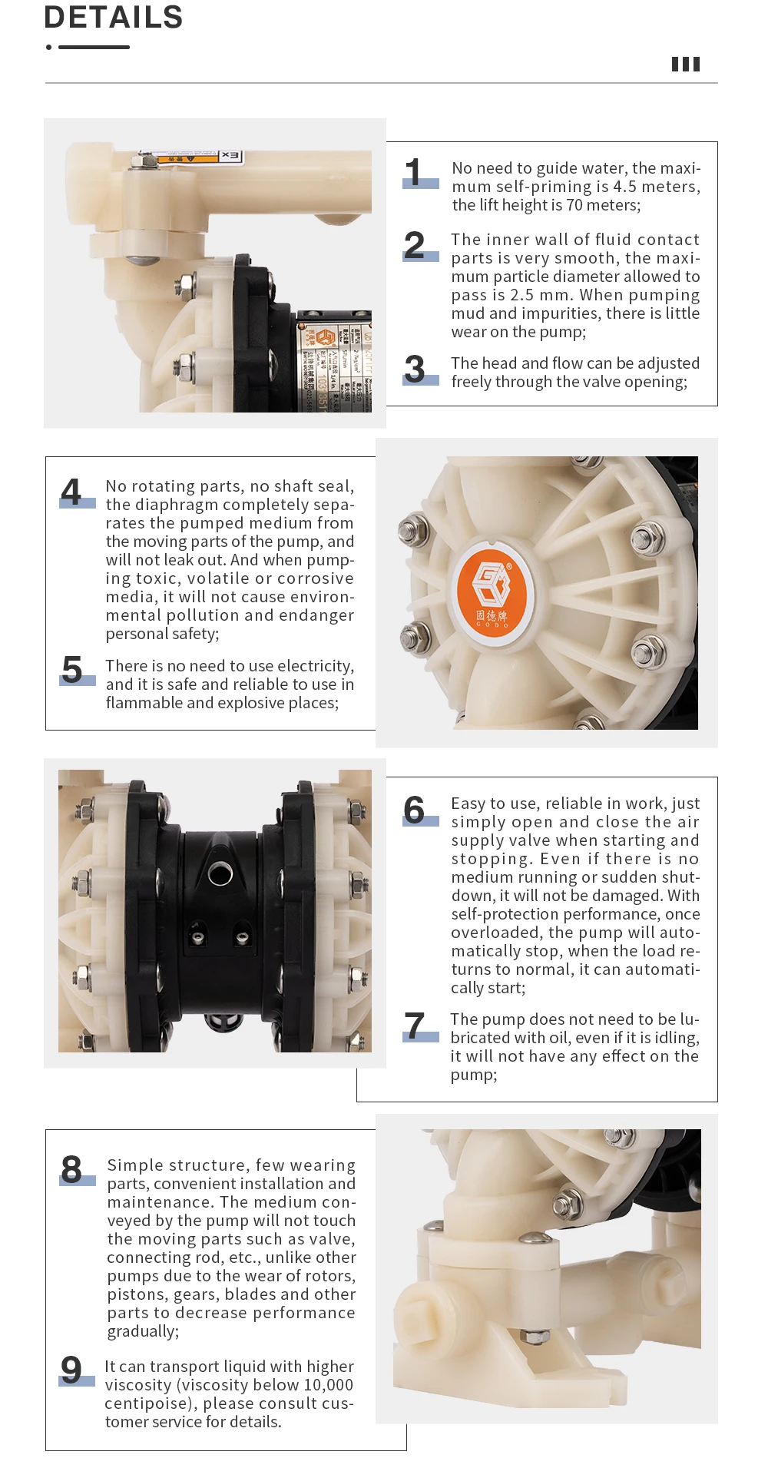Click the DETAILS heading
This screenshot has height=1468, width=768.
(x=113, y=17)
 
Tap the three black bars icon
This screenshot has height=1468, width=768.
(x=685, y=64)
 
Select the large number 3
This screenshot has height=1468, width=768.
(x=415, y=369)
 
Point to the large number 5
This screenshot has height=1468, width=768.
(x=72, y=670)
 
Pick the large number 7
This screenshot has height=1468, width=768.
(x=415, y=1026)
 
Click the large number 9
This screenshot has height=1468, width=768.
(x=71, y=1370)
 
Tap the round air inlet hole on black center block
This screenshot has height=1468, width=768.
(x=220, y=873)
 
